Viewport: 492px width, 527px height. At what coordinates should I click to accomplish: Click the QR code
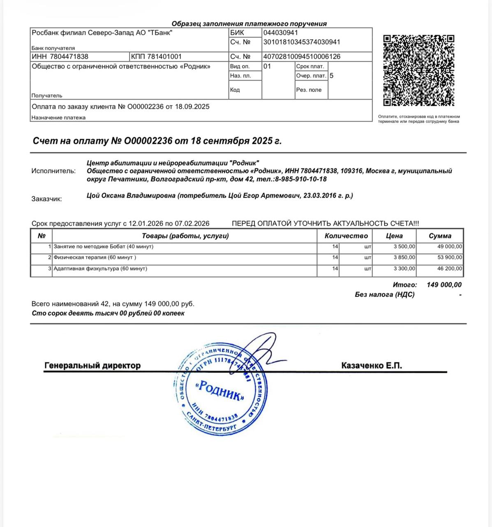point(418,70)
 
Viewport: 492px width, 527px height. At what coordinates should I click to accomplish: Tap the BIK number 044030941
point(281,33)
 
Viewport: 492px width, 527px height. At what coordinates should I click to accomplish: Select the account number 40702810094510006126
point(302,56)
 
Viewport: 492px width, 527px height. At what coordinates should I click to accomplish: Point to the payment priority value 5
point(332,76)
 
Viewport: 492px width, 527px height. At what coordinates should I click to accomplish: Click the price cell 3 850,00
point(404,257)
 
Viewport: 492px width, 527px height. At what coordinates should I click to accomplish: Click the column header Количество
point(346,236)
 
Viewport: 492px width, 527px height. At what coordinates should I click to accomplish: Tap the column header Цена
point(394,236)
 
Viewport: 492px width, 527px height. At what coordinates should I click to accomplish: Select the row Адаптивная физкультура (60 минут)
point(100,268)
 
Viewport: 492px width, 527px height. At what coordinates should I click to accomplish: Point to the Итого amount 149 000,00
point(444,284)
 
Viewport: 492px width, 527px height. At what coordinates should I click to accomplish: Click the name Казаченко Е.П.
point(372,366)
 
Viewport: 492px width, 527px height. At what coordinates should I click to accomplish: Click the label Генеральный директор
point(92,366)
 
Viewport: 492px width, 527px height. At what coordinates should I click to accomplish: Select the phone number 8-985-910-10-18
point(301,179)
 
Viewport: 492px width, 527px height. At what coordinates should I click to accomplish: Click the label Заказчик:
point(46,199)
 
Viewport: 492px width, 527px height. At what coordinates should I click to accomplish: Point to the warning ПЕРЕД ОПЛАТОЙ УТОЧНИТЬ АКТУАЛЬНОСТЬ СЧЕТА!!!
point(326,224)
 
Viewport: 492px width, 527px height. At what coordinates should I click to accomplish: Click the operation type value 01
point(267,66)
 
